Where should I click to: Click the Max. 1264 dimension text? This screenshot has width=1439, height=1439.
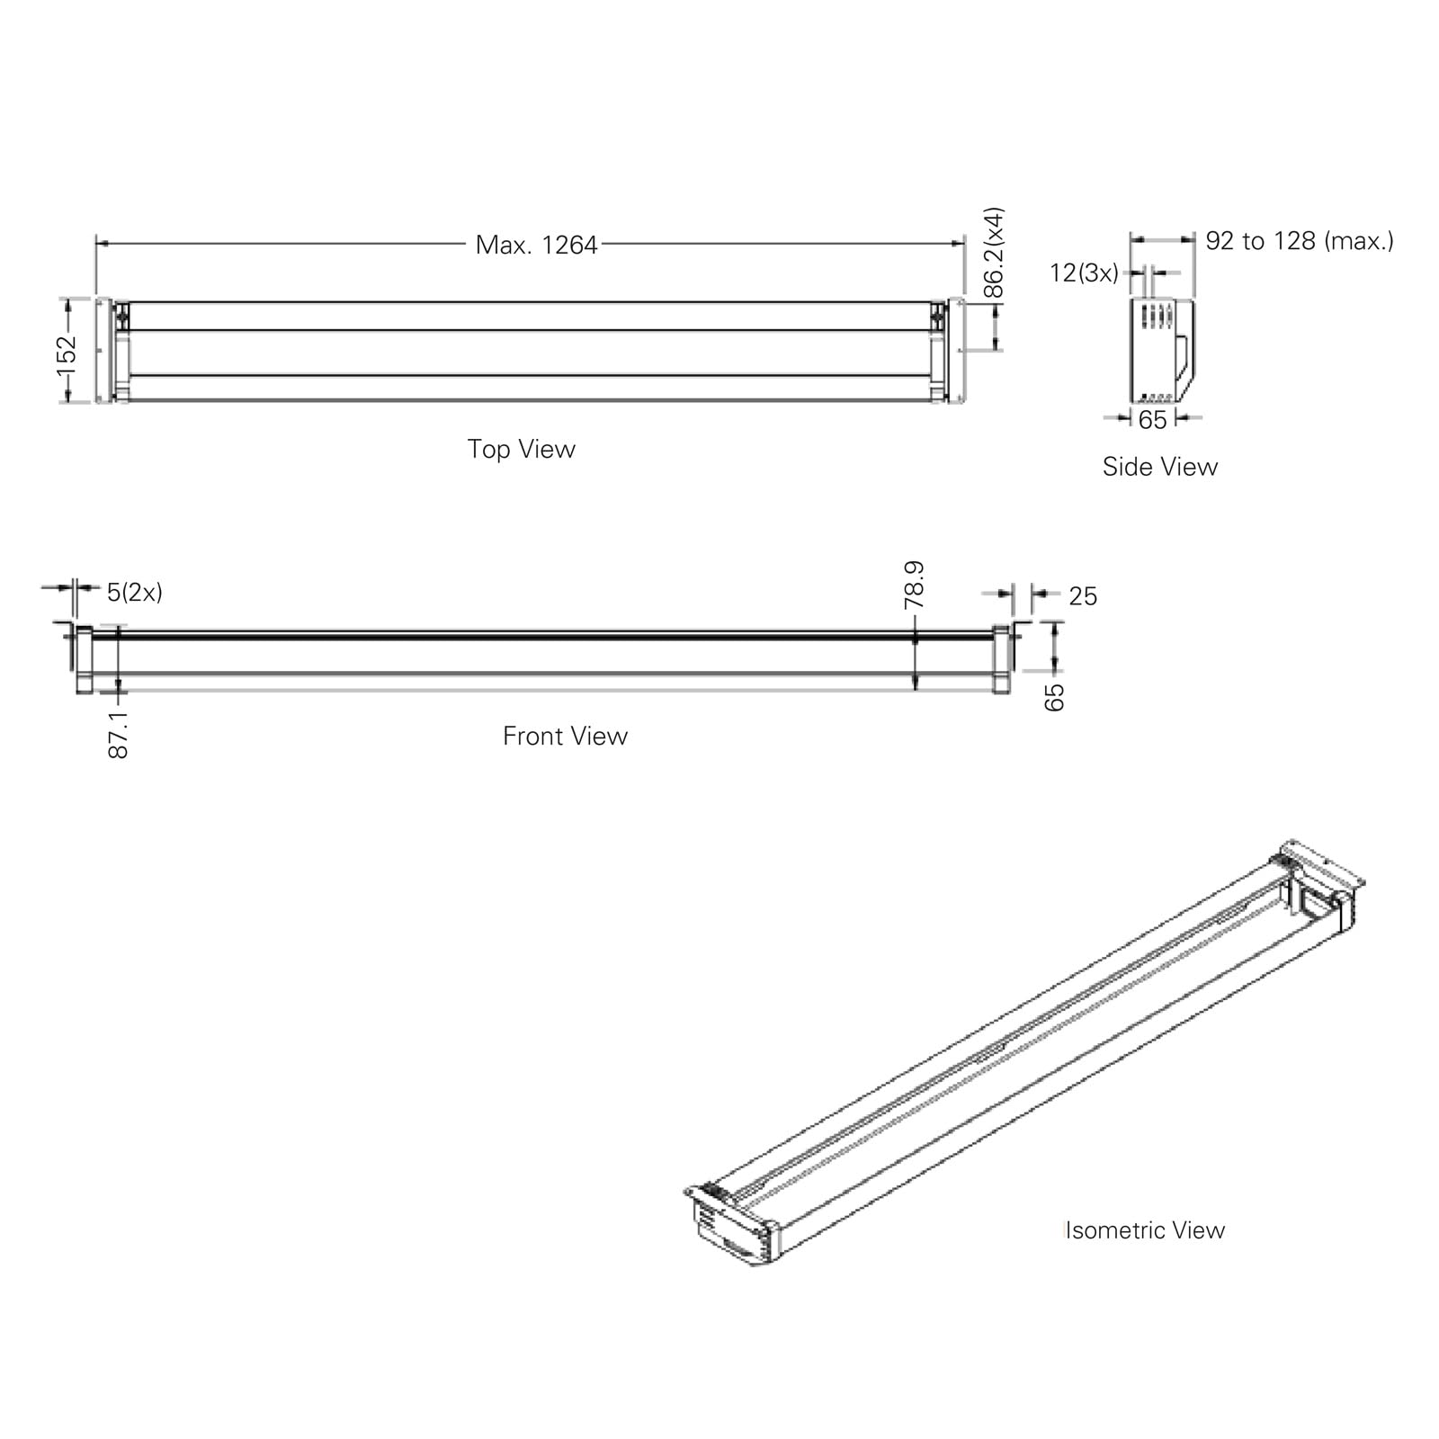[536, 245]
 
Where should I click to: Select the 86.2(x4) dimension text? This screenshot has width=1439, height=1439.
[993, 252]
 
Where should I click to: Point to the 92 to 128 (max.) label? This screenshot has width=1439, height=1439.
[1300, 240]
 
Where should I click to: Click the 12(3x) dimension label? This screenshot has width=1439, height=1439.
[1084, 273]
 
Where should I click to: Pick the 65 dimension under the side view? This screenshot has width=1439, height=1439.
[1152, 420]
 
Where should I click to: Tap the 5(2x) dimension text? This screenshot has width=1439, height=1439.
[135, 592]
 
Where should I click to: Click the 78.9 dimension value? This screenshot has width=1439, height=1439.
[914, 585]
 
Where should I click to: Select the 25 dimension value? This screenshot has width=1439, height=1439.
[1083, 596]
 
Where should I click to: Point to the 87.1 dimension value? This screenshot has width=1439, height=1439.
[118, 734]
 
